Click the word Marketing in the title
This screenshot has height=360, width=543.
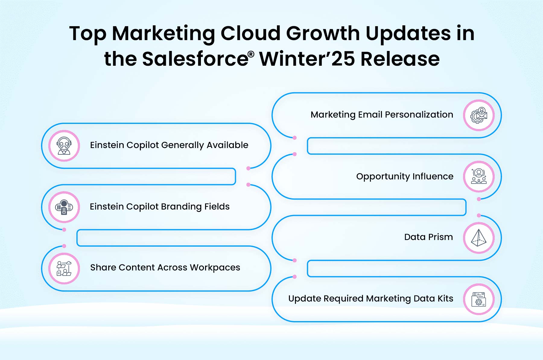[163, 33]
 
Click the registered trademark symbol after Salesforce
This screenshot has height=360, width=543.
[251, 54]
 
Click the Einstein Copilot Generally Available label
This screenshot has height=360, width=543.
[169, 145]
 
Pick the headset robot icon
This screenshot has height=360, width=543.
[64, 146]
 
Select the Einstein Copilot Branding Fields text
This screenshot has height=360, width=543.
[160, 207]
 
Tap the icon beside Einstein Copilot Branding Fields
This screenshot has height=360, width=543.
[64, 207]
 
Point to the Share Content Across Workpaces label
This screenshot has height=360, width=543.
[165, 267]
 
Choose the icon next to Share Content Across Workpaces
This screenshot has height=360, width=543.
[64, 268]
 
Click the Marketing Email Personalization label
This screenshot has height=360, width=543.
[382, 115]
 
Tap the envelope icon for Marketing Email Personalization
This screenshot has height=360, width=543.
[479, 115]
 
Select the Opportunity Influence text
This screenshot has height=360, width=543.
[405, 176]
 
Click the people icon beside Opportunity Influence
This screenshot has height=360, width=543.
[479, 176]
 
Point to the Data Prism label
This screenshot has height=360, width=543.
[428, 237]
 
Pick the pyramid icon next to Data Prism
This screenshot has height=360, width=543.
[479, 238]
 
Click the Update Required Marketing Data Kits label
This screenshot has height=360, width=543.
[371, 298]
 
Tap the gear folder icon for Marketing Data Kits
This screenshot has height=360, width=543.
[479, 299]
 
